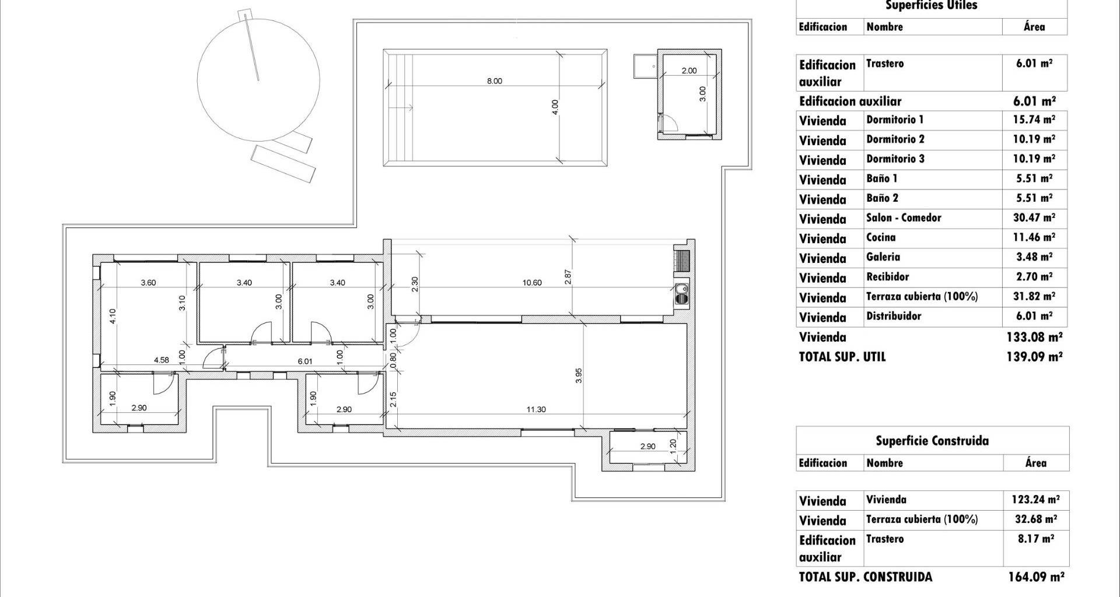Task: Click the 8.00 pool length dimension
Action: pos(494,81)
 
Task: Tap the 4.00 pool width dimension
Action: pos(555,107)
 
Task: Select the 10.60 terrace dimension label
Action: pos(532,283)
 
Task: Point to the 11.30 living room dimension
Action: pos(536,409)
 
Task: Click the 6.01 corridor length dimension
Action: pos(305,361)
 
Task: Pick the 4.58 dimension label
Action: pos(162,360)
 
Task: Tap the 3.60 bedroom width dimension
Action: pos(149,283)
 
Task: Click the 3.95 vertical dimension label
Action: pos(579,375)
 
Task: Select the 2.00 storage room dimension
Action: pos(689,71)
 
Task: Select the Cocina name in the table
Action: pos(881,237)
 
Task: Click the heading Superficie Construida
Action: pos(932,441)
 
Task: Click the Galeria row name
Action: pos(883,257)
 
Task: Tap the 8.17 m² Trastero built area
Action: pos(1036,539)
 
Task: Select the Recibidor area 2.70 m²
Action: pos(1035,277)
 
